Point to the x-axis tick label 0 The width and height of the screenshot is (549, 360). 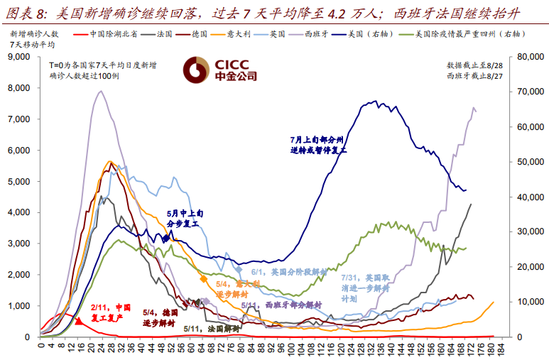41,347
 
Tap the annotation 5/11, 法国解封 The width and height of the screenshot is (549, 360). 211,329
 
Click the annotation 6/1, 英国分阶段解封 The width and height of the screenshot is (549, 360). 288,272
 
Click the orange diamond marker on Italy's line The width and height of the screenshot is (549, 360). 204,279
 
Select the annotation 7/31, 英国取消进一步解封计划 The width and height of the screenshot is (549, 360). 366,288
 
